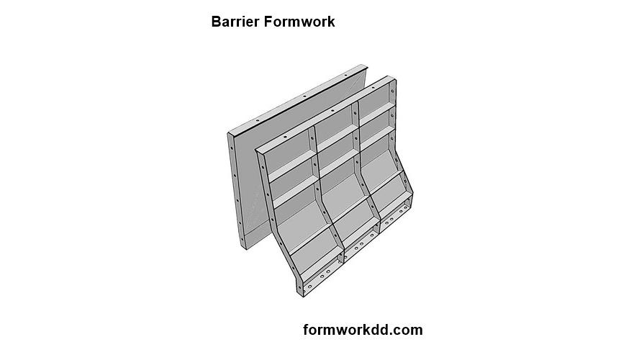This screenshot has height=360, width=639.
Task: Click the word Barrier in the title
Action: pos(236,22)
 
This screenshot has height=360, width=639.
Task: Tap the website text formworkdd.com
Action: pos(363,330)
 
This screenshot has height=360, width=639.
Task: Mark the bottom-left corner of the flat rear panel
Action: pos(245,248)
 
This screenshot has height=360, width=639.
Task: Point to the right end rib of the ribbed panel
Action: pos(394,122)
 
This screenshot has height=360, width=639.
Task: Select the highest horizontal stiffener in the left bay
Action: pos(291,163)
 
